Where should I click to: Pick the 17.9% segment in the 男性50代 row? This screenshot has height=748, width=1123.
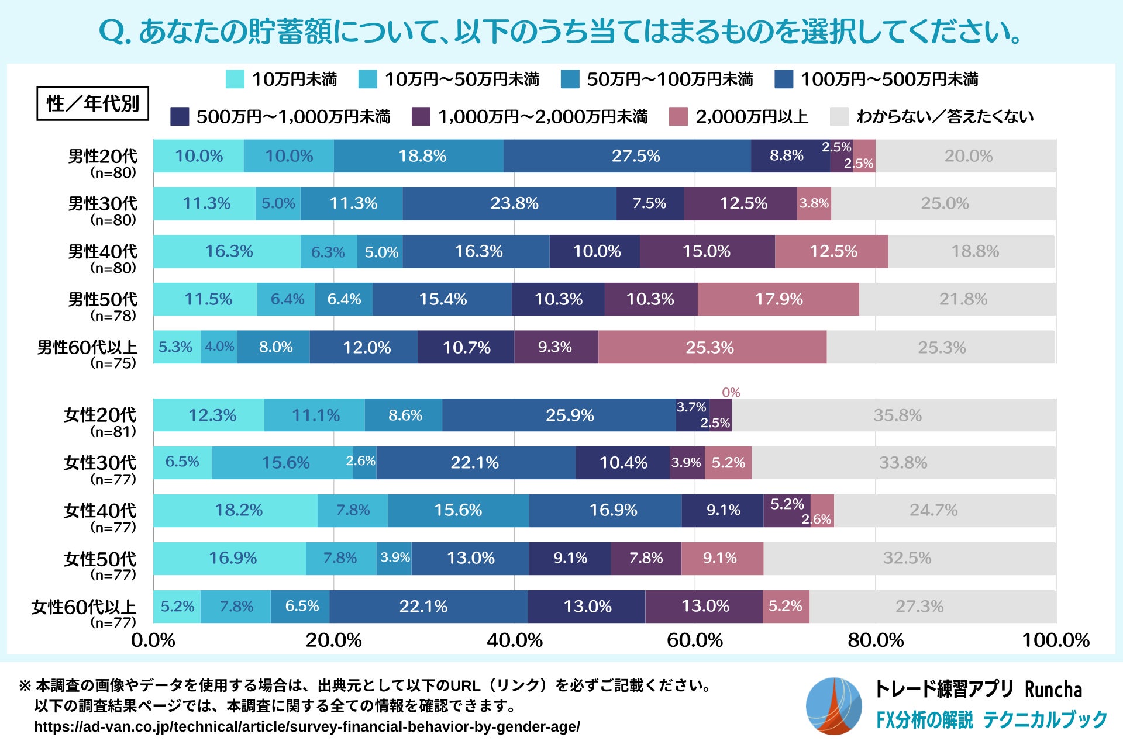click(778, 299)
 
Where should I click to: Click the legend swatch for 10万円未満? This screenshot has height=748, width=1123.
click(235, 79)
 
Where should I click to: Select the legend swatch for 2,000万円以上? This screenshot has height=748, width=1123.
click(678, 117)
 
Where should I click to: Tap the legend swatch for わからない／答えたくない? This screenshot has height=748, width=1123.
click(839, 117)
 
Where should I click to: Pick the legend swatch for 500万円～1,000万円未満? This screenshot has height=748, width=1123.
click(180, 117)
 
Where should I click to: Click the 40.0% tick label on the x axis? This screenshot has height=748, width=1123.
click(514, 640)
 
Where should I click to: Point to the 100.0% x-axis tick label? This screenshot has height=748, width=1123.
click(1055, 640)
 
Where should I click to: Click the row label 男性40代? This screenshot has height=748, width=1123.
click(102, 251)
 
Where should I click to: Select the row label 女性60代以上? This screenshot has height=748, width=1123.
click(84, 607)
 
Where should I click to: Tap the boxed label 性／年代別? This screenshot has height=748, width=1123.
click(92, 104)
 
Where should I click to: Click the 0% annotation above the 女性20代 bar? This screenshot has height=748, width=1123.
click(731, 392)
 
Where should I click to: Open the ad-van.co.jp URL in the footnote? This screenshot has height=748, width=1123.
click(306, 727)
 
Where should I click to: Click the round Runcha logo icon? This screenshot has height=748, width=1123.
click(833, 706)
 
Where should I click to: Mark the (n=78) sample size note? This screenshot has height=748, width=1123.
click(113, 316)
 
